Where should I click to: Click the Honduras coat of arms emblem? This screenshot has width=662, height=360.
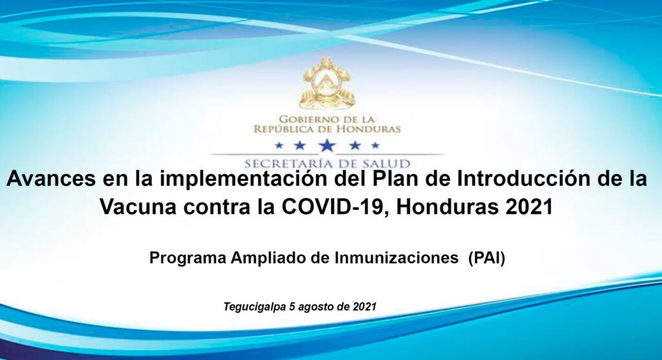[x=326, y=83]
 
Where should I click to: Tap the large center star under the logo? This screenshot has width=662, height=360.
[x=327, y=145]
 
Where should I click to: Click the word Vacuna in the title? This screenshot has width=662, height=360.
[x=138, y=207]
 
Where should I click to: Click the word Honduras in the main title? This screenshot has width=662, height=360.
[x=445, y=207]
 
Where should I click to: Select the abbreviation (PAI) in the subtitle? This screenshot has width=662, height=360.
[x=487, y=258]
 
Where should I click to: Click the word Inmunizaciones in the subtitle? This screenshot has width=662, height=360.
[x=396, y=258]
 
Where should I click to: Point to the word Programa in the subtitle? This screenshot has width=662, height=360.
[x=188, y=259]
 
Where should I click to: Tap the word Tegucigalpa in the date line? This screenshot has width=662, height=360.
[x=254, y=307]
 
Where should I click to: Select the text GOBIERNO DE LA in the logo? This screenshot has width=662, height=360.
[x=326, y=120]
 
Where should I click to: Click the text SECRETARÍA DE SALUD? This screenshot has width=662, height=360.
[x=328, y=164]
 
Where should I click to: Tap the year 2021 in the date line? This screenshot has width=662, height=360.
[x=365, y=306]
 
